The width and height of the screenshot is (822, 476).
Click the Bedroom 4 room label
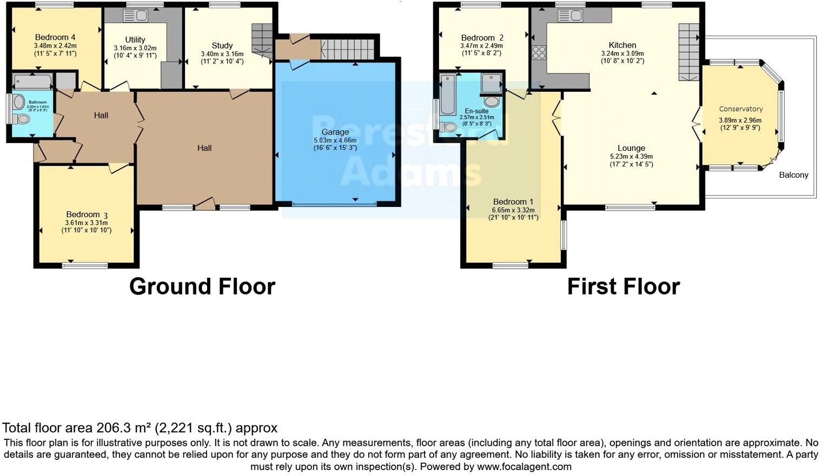tap(55, 37)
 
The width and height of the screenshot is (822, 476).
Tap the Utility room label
tap(135, 39)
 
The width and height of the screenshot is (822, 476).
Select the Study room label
tap(222, 46)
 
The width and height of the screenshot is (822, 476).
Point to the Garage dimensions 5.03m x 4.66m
tap(335, 140)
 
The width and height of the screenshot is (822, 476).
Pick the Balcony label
tap(793, 175)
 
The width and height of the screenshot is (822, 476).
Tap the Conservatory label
tap(740, 109)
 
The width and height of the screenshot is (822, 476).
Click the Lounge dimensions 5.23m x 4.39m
tap(631, 157)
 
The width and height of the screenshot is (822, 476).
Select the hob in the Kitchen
tap(539, 52)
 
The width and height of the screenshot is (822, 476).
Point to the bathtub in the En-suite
tap(447, 95)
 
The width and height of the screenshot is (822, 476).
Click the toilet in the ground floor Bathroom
tap(23, 118)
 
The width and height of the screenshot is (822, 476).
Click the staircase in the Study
tap(263, 40)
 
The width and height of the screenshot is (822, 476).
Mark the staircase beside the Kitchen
tap(688, 51)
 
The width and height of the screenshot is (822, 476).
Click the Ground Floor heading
tap(202, 286)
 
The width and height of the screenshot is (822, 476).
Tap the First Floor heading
tap(623, 286)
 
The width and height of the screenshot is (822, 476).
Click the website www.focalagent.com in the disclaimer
tap(524, 466)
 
